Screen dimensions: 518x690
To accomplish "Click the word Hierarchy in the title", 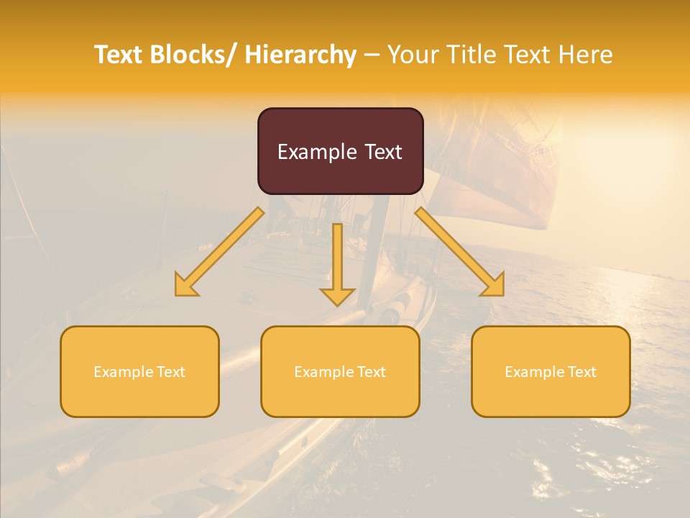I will coord(300,55).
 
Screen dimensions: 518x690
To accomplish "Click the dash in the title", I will coord(372,55).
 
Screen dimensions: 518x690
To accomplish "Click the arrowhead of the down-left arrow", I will coord(185,286).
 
